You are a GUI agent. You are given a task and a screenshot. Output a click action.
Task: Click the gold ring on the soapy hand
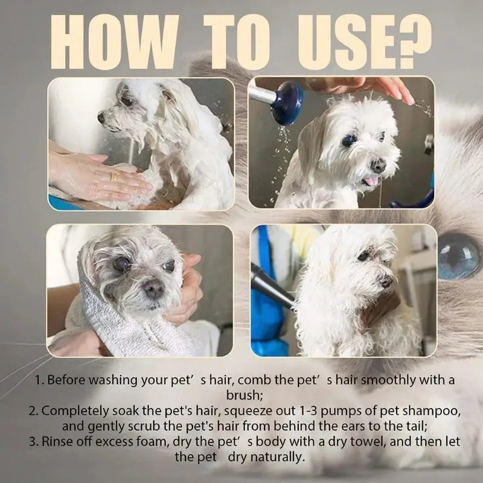[114, 177]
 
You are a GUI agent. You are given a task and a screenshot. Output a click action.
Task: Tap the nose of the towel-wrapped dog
[153, 290]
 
